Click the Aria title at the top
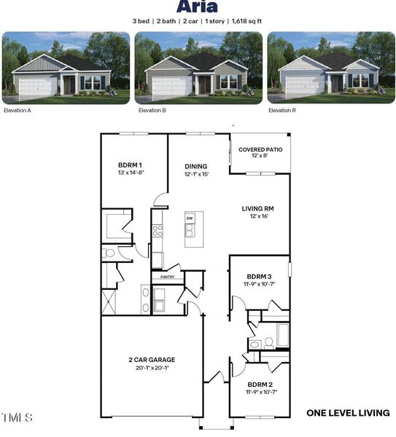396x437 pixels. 197,6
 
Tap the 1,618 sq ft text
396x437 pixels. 246,21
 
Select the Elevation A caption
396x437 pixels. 18,111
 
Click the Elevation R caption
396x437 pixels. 282,111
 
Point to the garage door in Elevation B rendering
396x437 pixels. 172,85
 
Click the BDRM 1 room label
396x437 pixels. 130,165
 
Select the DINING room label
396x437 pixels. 196,166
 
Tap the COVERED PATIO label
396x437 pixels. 260,149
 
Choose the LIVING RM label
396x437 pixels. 258,208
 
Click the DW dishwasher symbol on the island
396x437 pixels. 190,219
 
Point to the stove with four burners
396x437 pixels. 158,231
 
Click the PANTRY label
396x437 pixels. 168,277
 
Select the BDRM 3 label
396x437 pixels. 259,277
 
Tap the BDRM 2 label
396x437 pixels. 260,385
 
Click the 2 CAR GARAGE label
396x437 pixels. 152,360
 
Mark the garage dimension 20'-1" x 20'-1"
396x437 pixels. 152,368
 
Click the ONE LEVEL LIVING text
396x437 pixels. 348,413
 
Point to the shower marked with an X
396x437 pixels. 109,302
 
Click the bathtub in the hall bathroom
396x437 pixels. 283,335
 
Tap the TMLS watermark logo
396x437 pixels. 18,417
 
